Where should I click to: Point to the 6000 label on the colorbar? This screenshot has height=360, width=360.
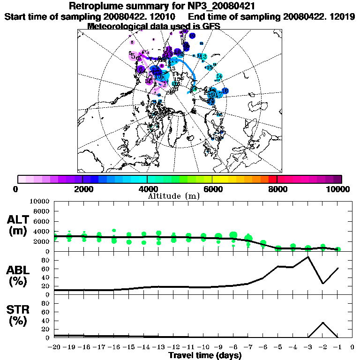click(x=212, y=189)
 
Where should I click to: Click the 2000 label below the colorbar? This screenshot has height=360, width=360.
click(x=82, y=189)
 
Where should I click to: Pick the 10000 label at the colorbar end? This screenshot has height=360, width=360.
click(x=338, y=189)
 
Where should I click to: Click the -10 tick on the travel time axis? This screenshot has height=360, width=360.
click(x=203, y=347)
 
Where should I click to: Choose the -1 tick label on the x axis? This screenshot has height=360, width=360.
click(x=337, y=347)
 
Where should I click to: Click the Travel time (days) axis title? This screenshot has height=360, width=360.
click(x=205, y=355)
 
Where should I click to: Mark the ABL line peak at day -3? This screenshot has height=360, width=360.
click(x=308, y=257)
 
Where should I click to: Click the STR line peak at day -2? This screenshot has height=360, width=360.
click(x=323, y=322)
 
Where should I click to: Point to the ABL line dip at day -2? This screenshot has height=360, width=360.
click(x=323, y=283)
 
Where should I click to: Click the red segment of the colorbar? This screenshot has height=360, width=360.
click(x=273, y=179)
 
